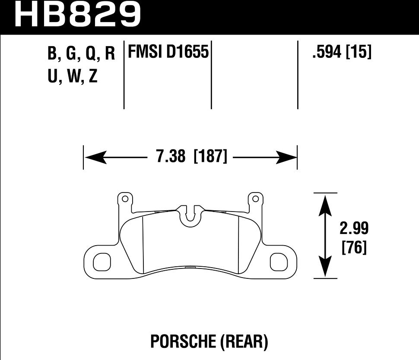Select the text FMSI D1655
click(x=168, y=53)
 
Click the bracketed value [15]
click(x=359, y=53)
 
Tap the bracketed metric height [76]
click(x=354, y=248)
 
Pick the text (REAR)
click(x=244, y=342)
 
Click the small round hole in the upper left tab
click(x=125, y=199)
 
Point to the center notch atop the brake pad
click(x=190, y=215)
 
